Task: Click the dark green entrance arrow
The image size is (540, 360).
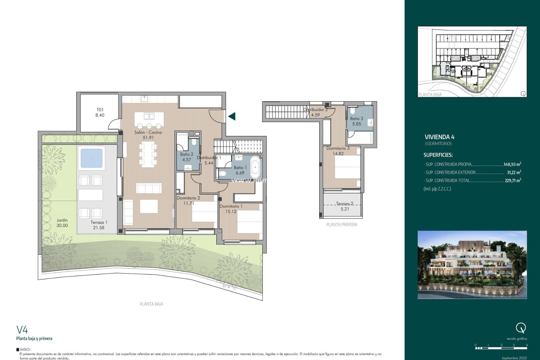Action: (x=232, y=116)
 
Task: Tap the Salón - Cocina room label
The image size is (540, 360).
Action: (x=148, y=132)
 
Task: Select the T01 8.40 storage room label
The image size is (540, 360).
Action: (x=100, y=112)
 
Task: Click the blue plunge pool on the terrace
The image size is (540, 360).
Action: (x=91, y=158)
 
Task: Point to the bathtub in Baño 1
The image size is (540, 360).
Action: (x=255, y=168)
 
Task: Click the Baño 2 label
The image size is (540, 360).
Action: (x=186, y=154)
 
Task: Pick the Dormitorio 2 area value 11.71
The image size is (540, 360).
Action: (x=188, y=203)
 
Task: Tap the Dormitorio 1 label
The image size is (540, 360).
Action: (x=231, y=206)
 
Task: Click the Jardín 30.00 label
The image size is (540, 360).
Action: (x=62, y=223)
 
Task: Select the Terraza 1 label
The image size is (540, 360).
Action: (x=99, y=222)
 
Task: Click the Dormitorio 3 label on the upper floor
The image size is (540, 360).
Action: (x=338, y=148)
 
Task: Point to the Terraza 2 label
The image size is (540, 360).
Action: (x=345, y=204)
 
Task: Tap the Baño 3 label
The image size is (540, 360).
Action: (x=356, y=119)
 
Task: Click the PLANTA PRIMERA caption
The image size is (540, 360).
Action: (x=342, y=224)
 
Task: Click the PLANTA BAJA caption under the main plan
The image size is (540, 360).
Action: (x=151, y=304)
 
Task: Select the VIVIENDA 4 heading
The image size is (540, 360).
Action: (x=439, y=137)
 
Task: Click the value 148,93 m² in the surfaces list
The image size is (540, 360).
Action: (x=512, y=164)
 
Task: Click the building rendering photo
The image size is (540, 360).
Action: (x=472, y=265)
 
